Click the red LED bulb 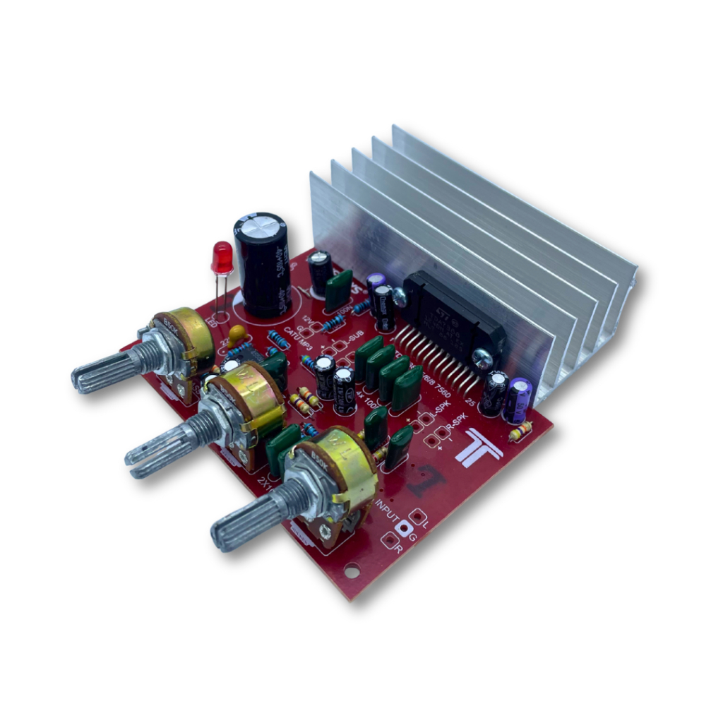pyautogui.click(x=222, y=258)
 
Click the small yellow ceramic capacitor pyautogui.click(x=238, y=333)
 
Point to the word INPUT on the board pyautogui.click(x=388, y=510)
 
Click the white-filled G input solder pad pyautogui.click(x=405, y=527)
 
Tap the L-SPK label pyautogui.click(x=441, y=410)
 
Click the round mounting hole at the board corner pyautogui.click(x=351, y=570)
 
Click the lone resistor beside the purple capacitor pyautogui.click(x=520, y=431)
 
